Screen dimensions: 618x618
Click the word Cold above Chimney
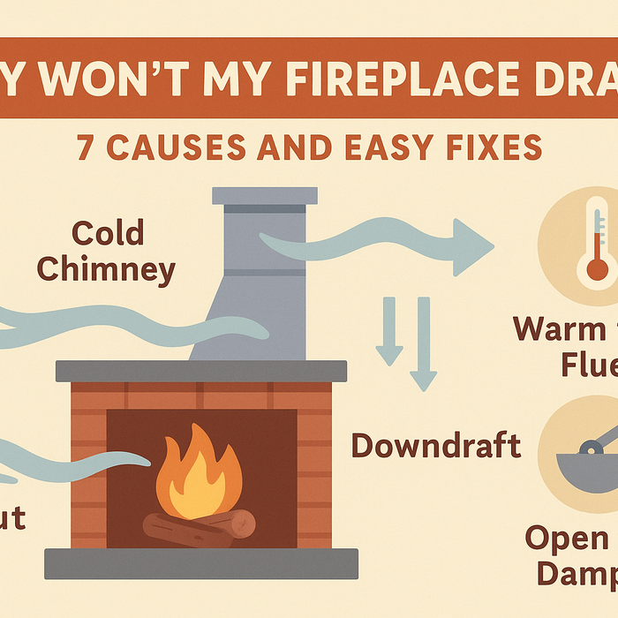pyautogui.click(x=108, y=235)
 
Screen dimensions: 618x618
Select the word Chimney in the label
pyautogui.click(x=108, y=269)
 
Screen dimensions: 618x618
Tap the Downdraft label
pyautogui.click(x=436, y=445)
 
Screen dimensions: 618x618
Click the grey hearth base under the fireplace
pyautogui.click(x=201, y=562)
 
